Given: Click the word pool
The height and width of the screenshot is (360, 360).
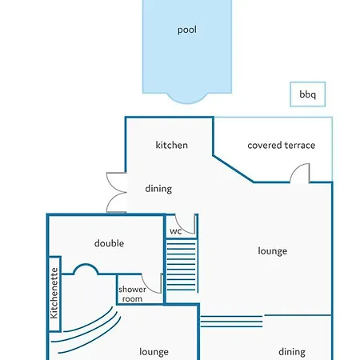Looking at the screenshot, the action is coord(187,30).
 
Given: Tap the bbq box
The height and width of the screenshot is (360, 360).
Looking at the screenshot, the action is coord(308,94).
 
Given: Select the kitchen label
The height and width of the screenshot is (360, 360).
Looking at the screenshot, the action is coord(172,145).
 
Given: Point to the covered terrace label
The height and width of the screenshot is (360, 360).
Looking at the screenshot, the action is coord(282,146).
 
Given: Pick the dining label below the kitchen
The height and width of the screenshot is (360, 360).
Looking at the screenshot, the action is coord(158,189).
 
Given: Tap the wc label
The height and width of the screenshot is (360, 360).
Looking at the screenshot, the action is coord(176,231).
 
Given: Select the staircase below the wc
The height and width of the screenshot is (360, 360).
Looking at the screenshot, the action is coord(182,266).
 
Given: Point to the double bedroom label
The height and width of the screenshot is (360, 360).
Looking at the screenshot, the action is coord(109,243).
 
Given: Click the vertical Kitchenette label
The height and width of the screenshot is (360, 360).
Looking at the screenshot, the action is coord(54,293).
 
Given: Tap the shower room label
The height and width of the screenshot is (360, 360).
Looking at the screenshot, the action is coord(132,294).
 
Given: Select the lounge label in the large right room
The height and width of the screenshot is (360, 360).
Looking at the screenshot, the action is coord(273,251).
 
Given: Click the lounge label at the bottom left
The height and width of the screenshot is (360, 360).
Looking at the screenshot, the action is coord(154,352).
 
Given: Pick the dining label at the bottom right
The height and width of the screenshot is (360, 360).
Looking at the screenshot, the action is coord(292,352).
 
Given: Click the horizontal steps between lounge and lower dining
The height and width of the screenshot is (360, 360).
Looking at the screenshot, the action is coord(231,322).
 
